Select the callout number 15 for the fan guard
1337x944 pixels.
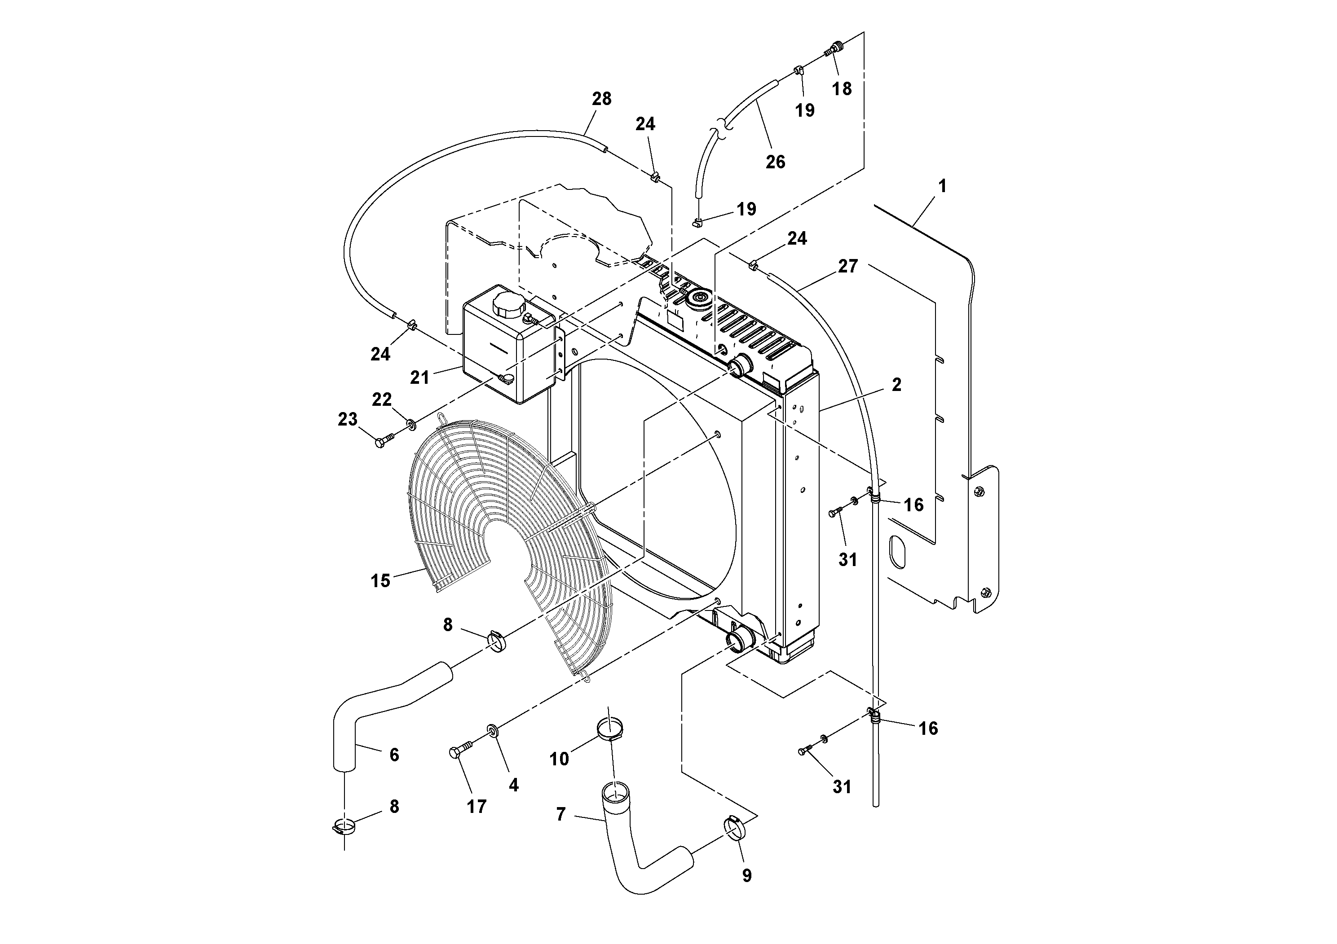pyautogui.click(x=380, y=581)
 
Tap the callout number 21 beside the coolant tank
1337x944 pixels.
pyautogui.click(x=419, y=378)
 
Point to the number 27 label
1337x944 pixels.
pyautogui.click(x=848, y=267)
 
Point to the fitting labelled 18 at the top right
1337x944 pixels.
pyautogui.click(x=836, y=48)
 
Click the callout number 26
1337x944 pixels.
pyautogui.click(x=775, y=162)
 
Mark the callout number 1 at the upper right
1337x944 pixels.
pyautogui.click(x=942, y=186)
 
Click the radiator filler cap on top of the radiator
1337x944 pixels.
pyautogui.click(x=697, y=300)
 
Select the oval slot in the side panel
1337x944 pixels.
pyautogui.click(x=898, y=553)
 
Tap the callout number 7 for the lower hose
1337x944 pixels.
pyautogui.click(x=561, y=814)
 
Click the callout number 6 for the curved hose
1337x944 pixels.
pyautogui.click(x=394, y=755)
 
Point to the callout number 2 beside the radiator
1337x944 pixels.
pyautogui.click(x=896, y=385)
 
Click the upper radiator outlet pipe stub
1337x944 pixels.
pyautogui.click(x=740, y=367)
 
